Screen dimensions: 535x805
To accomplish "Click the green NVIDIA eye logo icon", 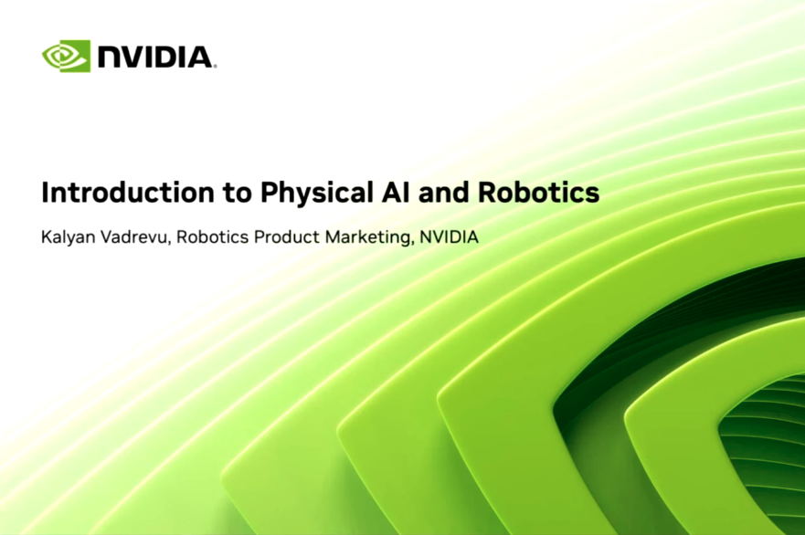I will [x=66, y=56].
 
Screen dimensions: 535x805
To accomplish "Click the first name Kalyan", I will [x=66, y=237].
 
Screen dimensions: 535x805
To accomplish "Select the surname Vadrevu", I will [x=133, y=237].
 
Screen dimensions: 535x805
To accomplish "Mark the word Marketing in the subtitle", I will [x=365, y=237].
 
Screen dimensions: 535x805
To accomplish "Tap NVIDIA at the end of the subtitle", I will [x=449, y=237].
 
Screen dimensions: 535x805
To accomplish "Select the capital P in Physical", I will [x=269, y=194].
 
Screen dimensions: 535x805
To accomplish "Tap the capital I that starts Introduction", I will [x=46, y=194].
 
